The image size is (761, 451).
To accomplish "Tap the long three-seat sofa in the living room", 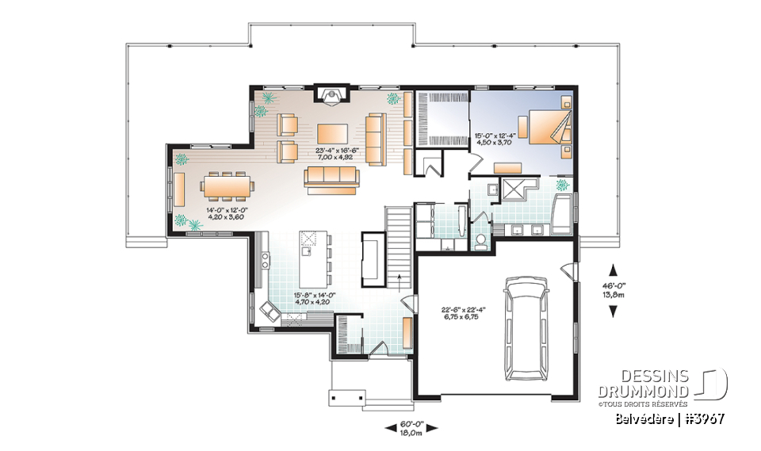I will [x=331, y=180].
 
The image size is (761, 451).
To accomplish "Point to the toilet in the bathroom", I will [x=481, y=241].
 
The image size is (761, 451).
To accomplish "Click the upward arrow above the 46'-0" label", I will [x=612, y=268].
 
